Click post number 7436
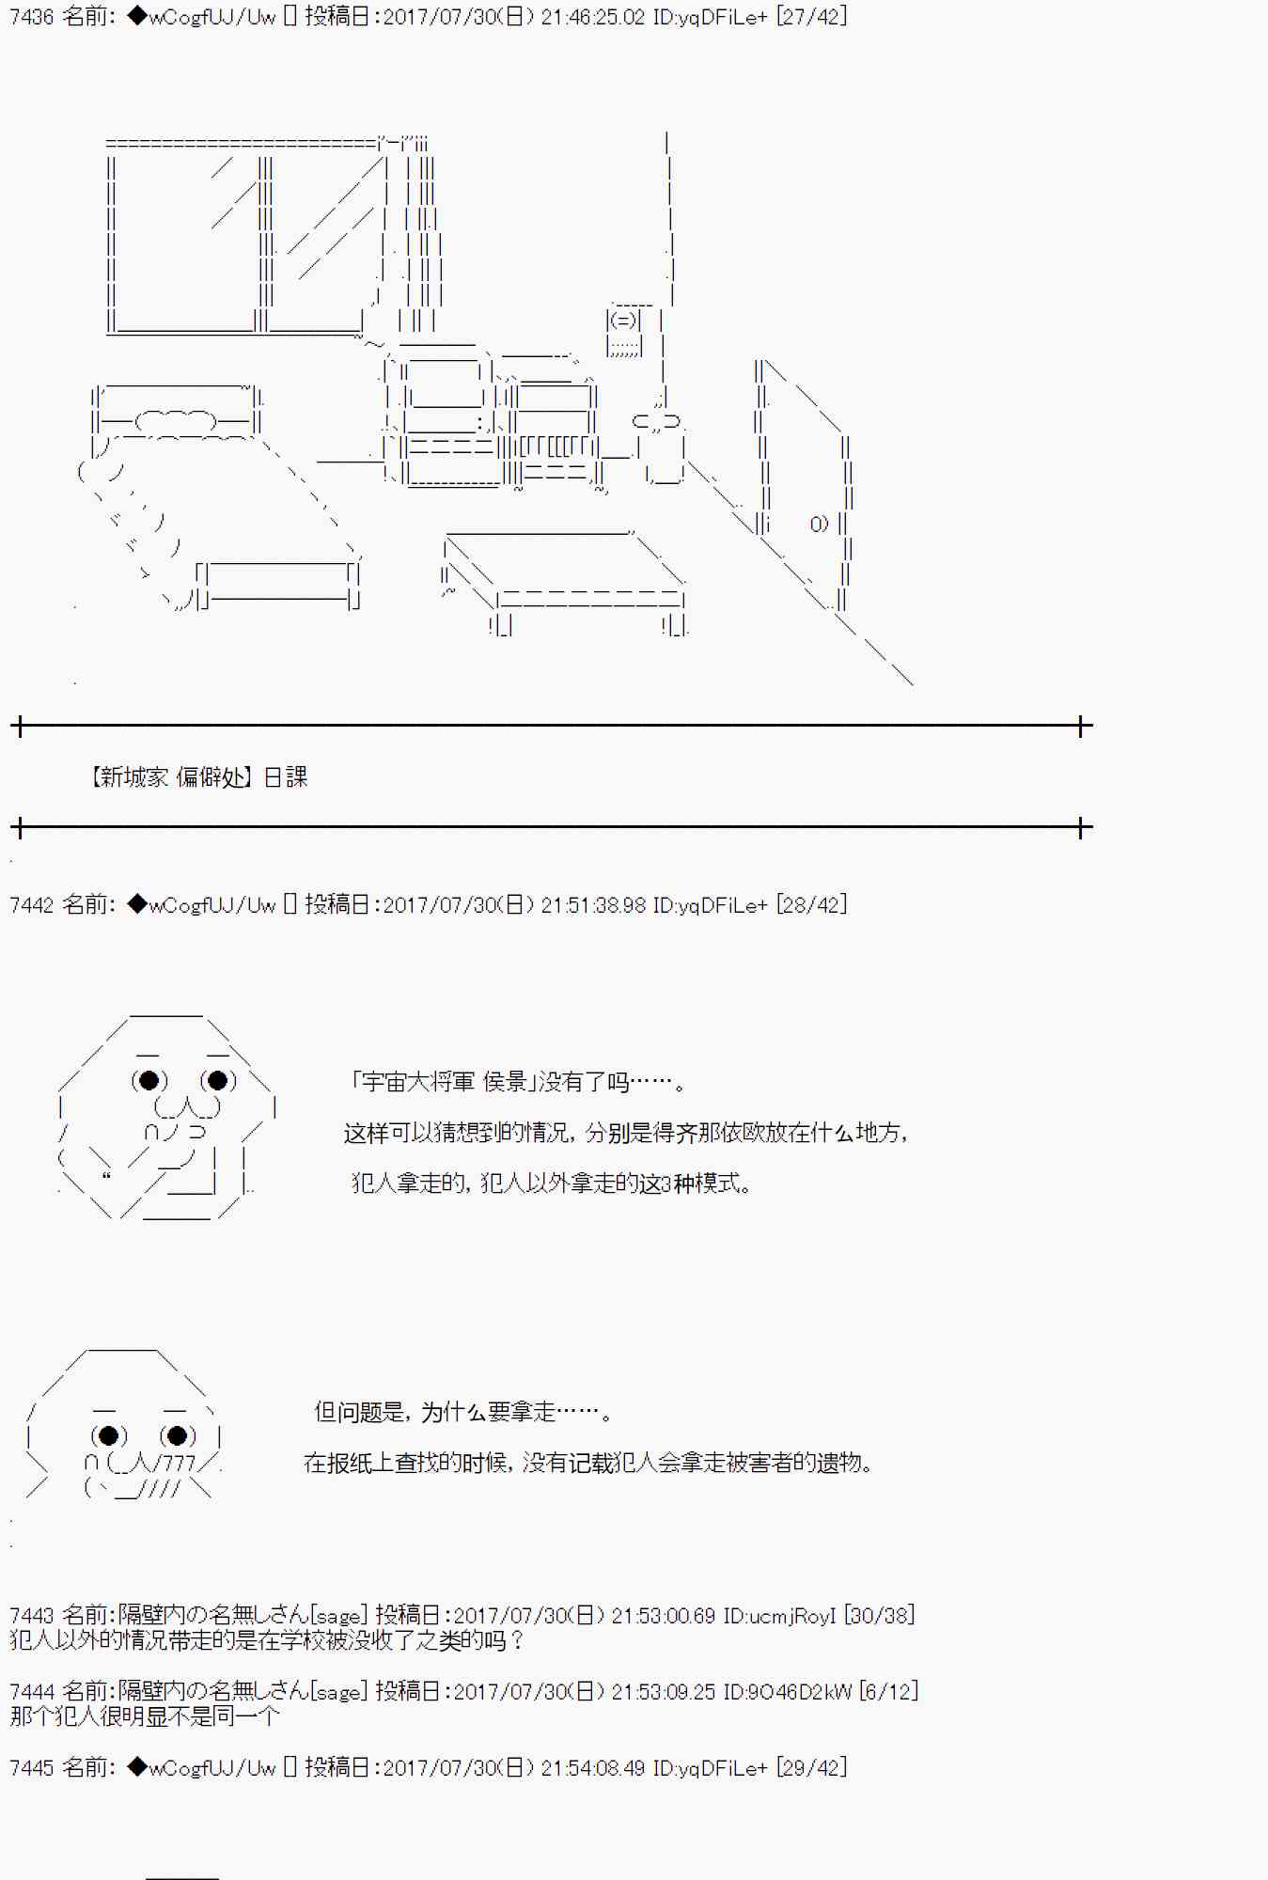[x=31, y=17]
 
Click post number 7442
[x=31, y=905]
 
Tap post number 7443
[x=31, y=1616]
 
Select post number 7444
[x=31, y=1692]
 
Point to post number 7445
[x=31, y=1768]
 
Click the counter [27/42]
[x=812, y=17]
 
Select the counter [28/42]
[x=812, y=905]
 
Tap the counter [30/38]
[x=880, y=1616]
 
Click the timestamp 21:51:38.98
[x=594, y=905]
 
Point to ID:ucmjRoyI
[x=779, y=1616]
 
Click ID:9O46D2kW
[x=787, y=1692]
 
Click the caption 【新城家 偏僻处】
[x=171, y=777]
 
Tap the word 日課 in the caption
[x=286, y=777]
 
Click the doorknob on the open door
[x=819, y=524]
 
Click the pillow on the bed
[x=177, y=420]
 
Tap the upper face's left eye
[x=149, y=1081]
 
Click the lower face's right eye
[x=179, y=1436]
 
